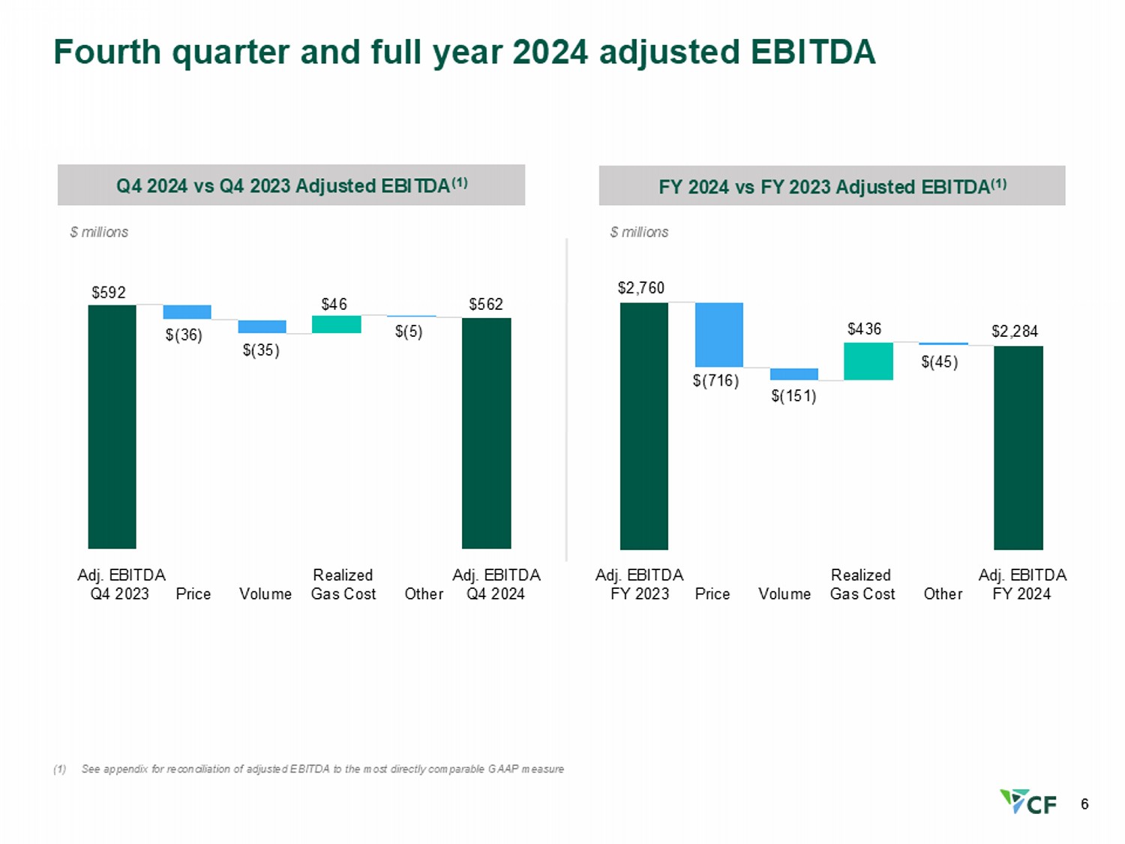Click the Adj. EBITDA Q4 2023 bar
point(112,426)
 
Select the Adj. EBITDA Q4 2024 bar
point(486,433)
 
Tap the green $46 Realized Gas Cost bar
point(336,324)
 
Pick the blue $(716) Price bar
point(718,335)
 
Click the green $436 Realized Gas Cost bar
point(868,361)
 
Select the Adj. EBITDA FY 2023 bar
point(643,425)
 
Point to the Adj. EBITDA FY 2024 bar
point(1018,447)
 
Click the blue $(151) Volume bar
point(793,374)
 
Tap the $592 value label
point(109,292)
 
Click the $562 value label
point(486,304)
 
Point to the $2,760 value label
point(641,287)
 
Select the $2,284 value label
point(1015,331)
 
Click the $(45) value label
point(939,362)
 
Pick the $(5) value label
point(409,332)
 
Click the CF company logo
point(1028,802)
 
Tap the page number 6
point(1084,804)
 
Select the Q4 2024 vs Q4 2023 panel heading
point(291,185)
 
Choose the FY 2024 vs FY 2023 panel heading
point(832,186)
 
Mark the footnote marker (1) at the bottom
point(60,769)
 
